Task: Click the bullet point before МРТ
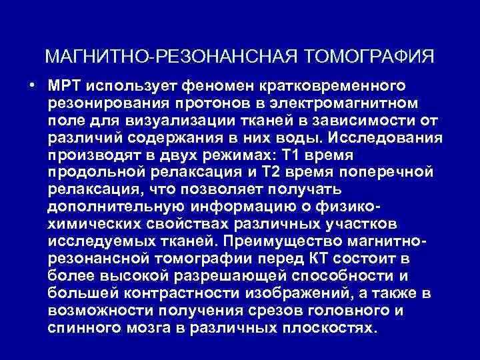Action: point(31,87)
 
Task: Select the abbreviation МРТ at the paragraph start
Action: point(65,87)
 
